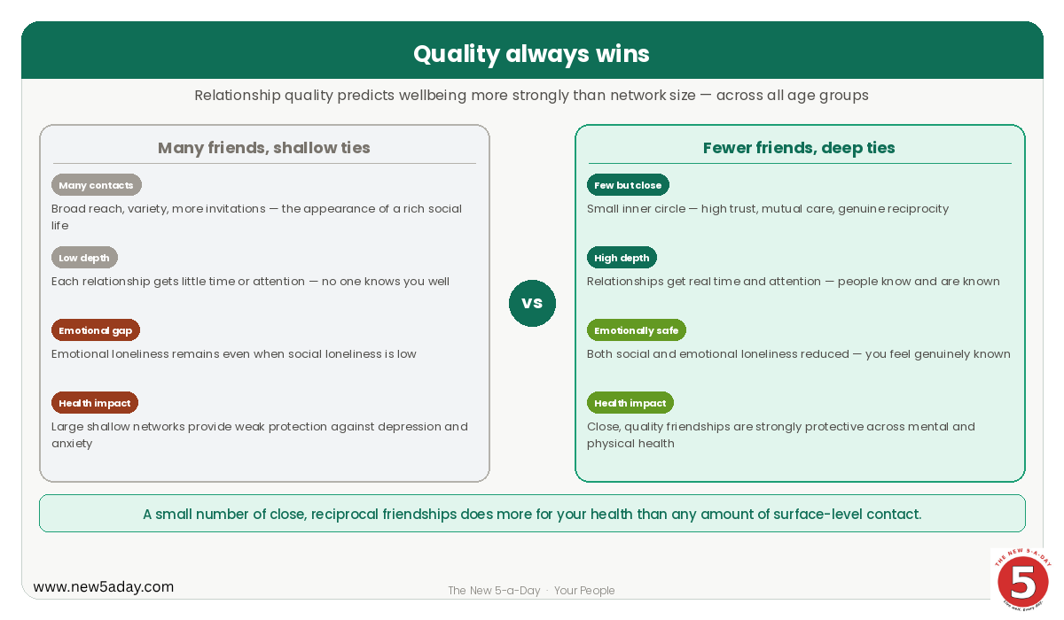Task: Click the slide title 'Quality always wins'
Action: [531, 54]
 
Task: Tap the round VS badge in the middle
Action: [532, 303]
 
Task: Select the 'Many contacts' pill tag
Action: [97, 185]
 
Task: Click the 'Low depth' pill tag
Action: [84, 258]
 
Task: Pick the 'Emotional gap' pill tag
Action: [96, 330]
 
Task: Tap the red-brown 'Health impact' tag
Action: [95, 403]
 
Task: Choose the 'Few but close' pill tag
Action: [628, 185]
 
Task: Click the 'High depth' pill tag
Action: [622, 258]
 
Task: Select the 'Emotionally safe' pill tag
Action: [637, 330]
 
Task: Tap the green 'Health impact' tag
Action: [630, 403]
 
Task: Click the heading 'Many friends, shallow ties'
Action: [264, 148]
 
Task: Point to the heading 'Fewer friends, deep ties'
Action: [799, 148]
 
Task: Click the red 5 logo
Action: [1022, 579]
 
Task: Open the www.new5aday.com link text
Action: [104, 587]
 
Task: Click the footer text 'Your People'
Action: [584, 591]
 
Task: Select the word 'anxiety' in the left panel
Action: [72, 444]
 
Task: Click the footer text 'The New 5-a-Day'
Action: [494, 591]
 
